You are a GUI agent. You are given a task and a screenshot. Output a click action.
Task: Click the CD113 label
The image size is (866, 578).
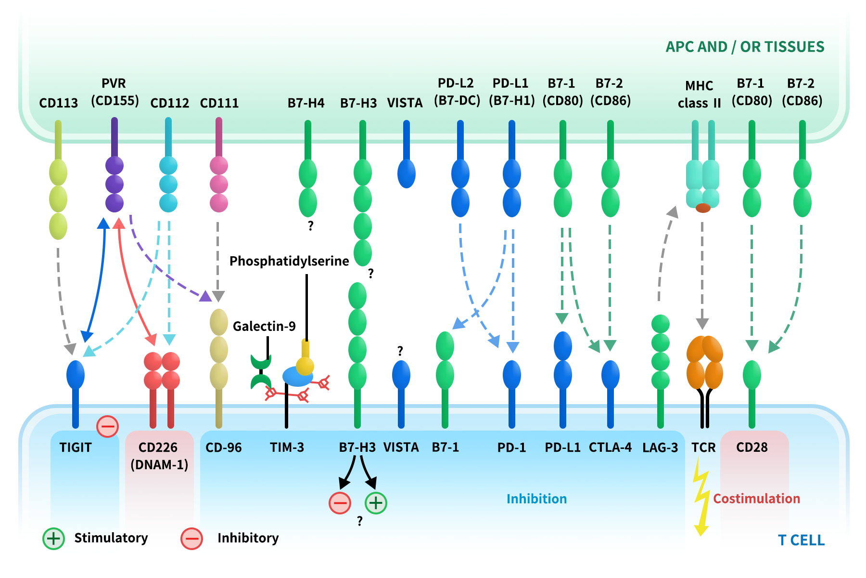58,103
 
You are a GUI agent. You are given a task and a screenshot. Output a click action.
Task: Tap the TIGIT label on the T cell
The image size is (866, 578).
76,447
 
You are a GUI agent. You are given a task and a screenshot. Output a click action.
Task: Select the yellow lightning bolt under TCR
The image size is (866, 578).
701,496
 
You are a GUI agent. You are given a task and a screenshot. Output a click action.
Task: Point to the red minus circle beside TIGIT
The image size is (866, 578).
107,426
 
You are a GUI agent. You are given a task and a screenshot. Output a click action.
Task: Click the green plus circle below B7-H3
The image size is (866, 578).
376,503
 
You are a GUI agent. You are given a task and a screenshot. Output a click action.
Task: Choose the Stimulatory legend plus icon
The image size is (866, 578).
53,539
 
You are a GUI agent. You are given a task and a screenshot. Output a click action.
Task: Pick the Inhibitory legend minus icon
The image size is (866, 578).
191,539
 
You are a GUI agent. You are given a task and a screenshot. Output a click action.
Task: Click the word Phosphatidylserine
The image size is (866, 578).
289,261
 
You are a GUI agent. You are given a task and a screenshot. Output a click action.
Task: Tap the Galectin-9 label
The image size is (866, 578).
264,327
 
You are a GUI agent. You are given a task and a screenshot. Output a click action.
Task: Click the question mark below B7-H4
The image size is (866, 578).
311,225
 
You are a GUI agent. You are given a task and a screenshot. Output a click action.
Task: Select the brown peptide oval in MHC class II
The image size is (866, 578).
703,208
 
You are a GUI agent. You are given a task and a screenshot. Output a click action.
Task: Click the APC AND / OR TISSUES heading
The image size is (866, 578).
745,47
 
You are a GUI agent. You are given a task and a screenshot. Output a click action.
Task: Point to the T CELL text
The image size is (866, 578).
801,540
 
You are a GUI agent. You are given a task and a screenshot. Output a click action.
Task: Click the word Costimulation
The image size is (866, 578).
756,499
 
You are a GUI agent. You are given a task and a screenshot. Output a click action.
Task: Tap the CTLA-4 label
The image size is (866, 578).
610,447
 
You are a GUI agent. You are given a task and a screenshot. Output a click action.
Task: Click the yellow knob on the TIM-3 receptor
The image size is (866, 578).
305,365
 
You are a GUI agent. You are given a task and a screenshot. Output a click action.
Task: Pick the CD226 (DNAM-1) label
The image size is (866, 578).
159,456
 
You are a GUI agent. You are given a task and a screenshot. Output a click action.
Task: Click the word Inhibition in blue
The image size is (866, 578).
536,499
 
